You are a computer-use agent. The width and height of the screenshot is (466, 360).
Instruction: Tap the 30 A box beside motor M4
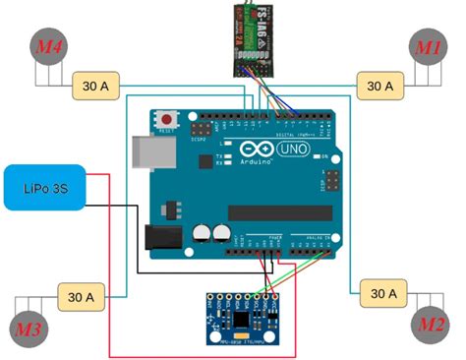[96, 87]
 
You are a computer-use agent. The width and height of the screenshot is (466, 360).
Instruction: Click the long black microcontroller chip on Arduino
[274, 212]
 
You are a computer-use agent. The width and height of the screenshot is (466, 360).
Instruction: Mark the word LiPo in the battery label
[34, 184]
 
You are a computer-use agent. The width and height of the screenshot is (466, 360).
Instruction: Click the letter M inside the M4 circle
[42, 46]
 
